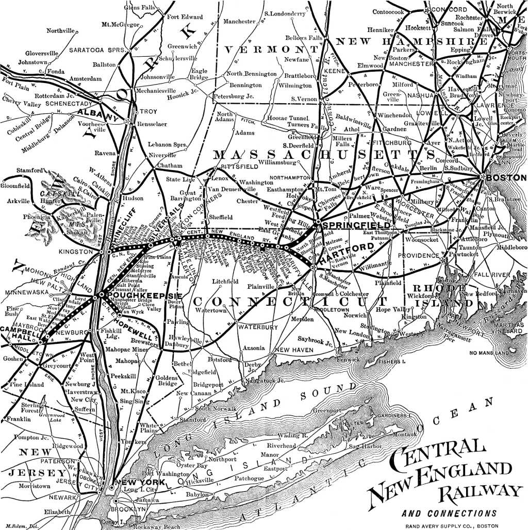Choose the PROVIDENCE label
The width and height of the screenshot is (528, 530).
[418, 256]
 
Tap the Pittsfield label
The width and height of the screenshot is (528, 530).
[239, 167]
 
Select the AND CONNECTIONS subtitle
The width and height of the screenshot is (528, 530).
[449, 514]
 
